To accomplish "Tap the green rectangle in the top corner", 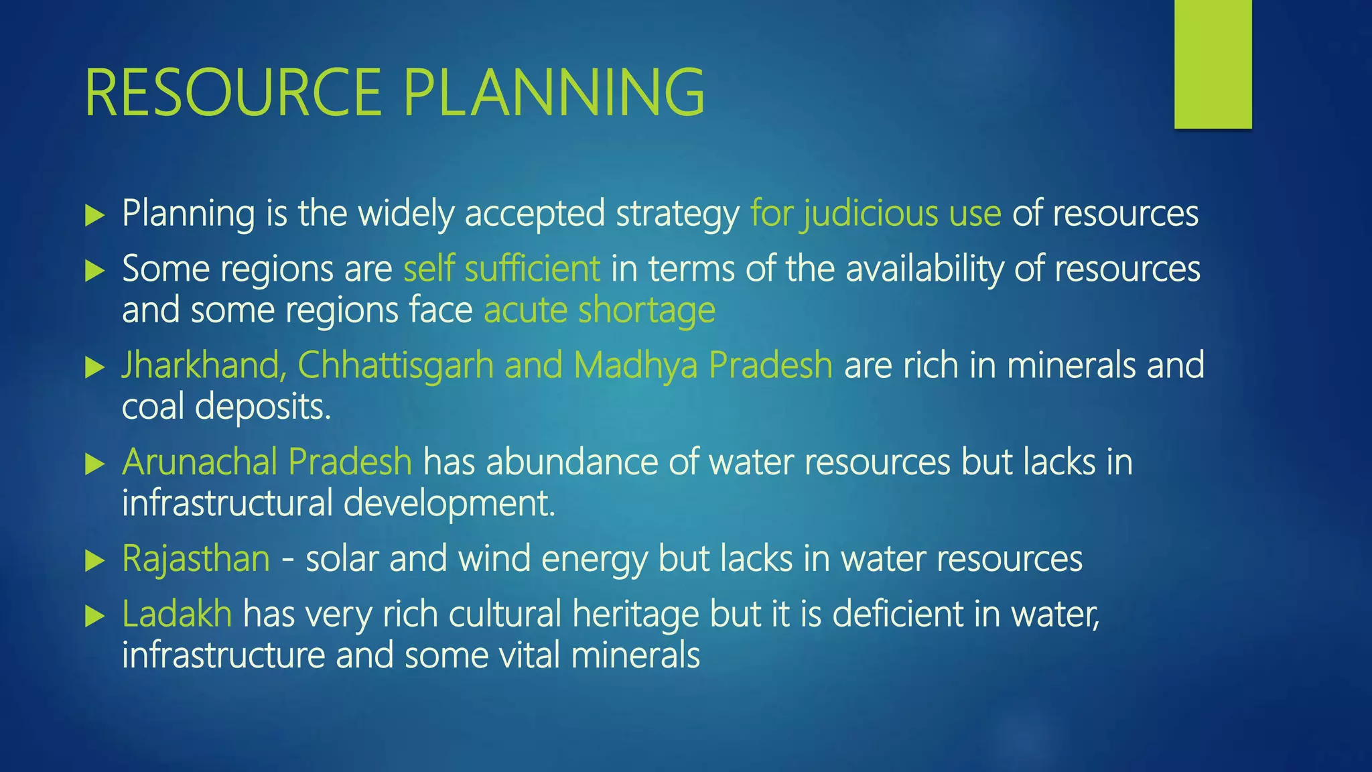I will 1213,64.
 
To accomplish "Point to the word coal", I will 153,407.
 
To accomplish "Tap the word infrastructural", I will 227,503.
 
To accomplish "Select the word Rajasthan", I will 196,558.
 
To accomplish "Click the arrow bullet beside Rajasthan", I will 95,561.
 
